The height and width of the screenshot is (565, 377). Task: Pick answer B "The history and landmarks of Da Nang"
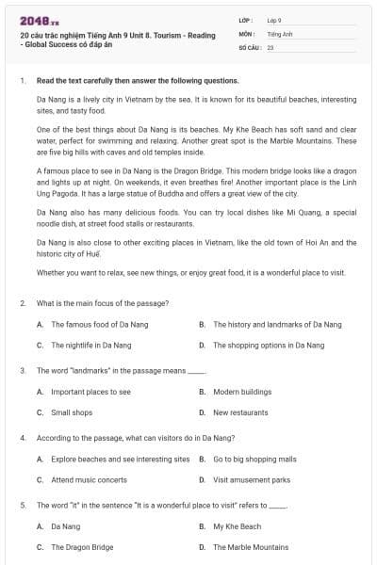pyautogui.click(x=277, y=324)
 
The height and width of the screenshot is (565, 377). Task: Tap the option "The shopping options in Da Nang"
pyautogui.click(x=269, y=345)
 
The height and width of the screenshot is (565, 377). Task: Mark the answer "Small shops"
pyautogui.click(x=72, y=412)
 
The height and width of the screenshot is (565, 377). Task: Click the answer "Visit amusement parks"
pyautogui.click(x=251, y=480)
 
